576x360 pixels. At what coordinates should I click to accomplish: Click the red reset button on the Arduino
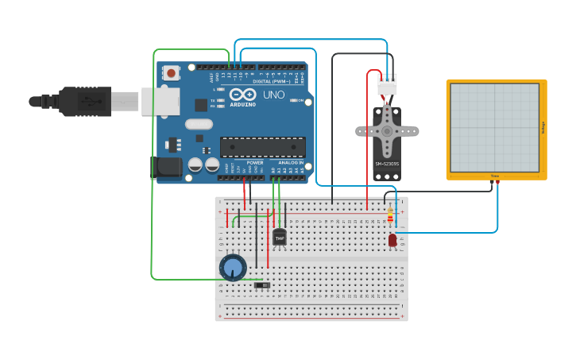pos(171,73)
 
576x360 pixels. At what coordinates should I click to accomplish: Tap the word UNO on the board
pos(273,95)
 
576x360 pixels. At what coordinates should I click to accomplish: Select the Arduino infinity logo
pos(242,94)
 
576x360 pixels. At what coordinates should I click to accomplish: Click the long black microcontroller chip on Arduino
pos(262,147)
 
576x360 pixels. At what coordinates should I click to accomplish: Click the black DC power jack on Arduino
pos(166,167)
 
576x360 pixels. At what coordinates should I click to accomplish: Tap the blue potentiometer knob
pos(233,268)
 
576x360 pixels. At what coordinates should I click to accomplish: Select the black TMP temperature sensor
pos(280,237)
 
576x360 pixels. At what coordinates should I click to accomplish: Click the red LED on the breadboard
pos(392,239)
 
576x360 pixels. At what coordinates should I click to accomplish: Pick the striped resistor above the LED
pos(390,215)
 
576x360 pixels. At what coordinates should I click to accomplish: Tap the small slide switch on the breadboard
pos(262,285)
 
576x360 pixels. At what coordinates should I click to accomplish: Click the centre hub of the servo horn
pos(387,130)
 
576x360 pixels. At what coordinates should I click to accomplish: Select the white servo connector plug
pos(387,84)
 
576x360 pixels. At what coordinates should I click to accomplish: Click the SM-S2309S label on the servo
pos(386,165)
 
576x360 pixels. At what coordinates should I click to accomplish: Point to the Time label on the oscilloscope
pos(494,176)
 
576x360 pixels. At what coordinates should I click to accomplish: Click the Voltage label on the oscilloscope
pos(543,127)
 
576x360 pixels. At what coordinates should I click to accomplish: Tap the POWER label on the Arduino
pos(254,163)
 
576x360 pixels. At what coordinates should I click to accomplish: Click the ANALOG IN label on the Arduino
pos(289,163)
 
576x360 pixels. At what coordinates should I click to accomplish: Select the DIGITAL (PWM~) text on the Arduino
pos(270,81)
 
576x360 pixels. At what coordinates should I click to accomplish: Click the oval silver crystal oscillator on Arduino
pos(199,124)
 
